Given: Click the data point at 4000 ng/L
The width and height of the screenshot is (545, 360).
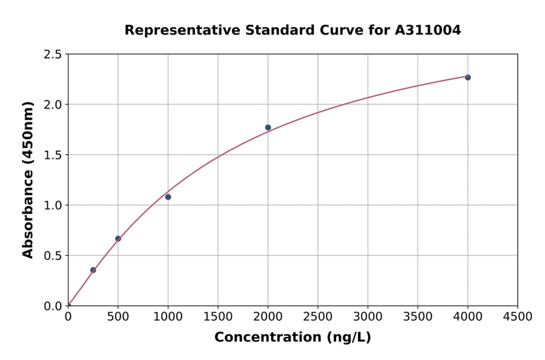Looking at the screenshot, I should point(467,78).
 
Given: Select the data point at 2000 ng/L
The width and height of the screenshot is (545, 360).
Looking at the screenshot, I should point(268,127).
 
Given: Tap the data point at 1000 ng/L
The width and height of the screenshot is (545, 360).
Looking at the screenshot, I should point(168,197).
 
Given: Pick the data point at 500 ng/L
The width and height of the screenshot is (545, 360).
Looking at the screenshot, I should point(118,239).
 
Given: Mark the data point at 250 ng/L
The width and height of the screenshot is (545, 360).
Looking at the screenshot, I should point(93,270).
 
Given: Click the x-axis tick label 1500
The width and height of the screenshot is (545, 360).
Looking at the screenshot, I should point(218,317).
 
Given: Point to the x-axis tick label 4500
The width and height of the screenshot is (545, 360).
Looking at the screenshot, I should point(517,317).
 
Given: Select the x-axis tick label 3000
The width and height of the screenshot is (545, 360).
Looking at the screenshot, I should point(368,317).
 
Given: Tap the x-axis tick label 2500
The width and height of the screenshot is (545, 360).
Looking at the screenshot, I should point(318,317).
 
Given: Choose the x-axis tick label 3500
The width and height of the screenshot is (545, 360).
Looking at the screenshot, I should point(418,317).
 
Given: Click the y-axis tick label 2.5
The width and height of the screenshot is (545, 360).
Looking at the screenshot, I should point(53,55).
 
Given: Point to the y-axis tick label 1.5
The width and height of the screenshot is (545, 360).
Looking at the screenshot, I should point(53,155).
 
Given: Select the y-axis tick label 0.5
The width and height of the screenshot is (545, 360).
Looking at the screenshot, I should point(53,256).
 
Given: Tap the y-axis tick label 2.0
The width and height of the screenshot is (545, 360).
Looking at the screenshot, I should point(53,105).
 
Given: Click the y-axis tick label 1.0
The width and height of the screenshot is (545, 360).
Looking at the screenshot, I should point(53,205).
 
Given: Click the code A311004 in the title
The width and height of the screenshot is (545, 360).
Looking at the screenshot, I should point(428,30).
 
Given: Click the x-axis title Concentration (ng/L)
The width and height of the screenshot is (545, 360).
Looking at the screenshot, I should point(292,338).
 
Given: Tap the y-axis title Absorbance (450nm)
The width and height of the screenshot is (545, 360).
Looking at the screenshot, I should point(28,179).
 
